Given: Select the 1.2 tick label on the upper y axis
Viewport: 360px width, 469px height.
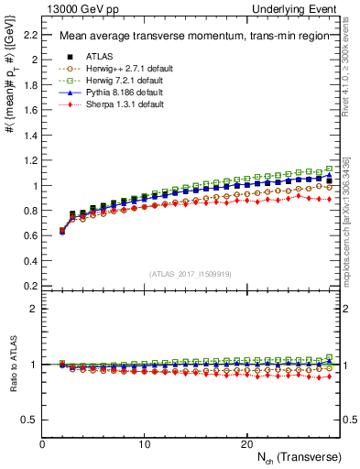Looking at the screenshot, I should click(x=30, y=160).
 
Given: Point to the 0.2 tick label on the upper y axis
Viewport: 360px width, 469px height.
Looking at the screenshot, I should click(x=30, y=286).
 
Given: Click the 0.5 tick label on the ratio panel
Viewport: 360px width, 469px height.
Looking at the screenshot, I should click(x=30, y=420).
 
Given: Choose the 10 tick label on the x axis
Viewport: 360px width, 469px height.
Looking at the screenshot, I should click(x=144, y=442).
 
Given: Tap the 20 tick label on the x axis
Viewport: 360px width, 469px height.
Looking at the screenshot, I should click(x=245, y=442).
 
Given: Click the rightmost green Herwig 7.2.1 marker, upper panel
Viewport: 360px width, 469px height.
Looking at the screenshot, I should click(x=329, y=169).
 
